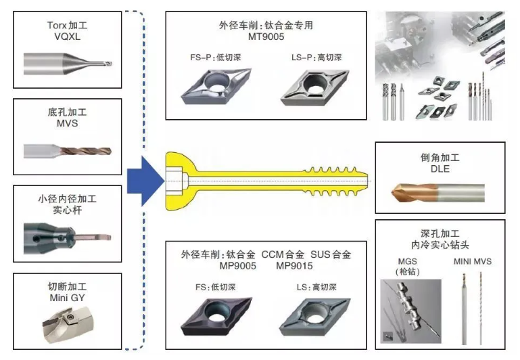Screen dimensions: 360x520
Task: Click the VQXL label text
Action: click(x=68, y=37)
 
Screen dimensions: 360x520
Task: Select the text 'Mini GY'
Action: click(x=68, y=296)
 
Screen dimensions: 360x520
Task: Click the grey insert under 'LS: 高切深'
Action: click(x=313, y=318)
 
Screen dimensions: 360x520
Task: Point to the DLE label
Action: click(x=440, y=169)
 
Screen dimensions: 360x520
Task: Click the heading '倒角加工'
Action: click(x=440, y=157)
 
